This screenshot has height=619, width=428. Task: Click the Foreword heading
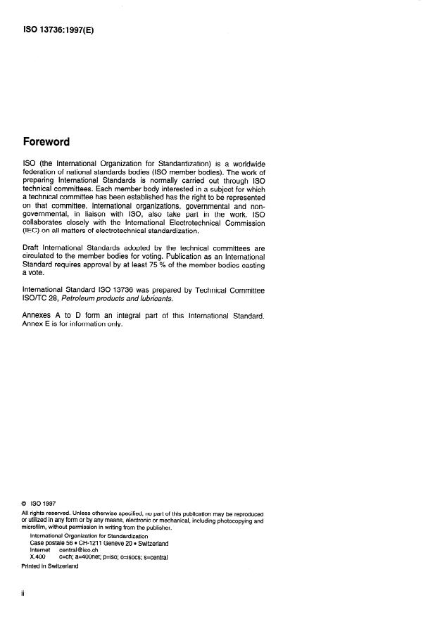[46, 142]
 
